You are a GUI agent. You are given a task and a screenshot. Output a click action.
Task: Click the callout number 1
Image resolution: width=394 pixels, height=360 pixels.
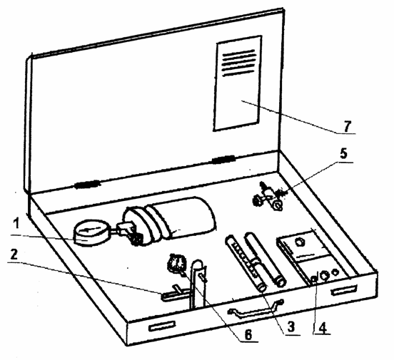(16, 224)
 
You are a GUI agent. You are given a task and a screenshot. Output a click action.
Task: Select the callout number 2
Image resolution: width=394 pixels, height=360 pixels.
(14, 254)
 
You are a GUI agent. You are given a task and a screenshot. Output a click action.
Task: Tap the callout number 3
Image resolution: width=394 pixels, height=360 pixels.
(291, 326)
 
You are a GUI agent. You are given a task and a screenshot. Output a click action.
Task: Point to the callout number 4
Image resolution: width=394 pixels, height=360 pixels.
(323, 327)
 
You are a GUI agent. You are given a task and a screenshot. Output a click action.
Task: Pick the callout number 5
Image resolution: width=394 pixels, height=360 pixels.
(343, 153)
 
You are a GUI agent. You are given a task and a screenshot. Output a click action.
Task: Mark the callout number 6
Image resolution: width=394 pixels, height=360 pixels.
(248, 334)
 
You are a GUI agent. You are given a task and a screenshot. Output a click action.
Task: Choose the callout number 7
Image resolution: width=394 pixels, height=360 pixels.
(347, 126)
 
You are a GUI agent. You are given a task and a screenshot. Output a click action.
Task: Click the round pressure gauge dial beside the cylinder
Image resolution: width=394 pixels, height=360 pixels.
(91, 232)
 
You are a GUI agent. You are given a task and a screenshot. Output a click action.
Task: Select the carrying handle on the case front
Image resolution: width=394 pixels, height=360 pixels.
(256, 309)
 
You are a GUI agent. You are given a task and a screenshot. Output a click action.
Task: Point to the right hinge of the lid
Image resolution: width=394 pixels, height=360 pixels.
(223, 159)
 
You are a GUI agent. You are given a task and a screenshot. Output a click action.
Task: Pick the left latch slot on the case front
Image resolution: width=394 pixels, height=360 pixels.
(162, 326)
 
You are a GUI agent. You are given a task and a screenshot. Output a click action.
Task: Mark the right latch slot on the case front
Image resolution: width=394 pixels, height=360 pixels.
(344, 289)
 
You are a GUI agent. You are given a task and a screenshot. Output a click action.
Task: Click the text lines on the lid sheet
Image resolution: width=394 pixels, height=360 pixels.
(238, 63)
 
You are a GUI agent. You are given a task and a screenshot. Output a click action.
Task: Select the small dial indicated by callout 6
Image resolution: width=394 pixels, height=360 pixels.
(177, 264)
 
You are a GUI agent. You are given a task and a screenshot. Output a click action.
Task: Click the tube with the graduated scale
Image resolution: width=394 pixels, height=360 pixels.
(245, 263)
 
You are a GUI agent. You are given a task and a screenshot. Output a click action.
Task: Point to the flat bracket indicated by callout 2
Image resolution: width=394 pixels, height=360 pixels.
(176, 294)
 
